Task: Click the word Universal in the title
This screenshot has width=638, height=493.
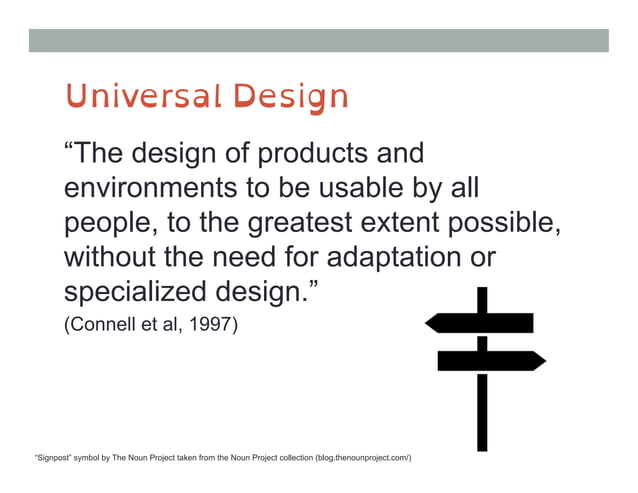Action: (141, 97)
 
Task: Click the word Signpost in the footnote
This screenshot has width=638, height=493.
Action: (57, 458)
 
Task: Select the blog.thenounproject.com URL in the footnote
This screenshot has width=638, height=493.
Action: (361, 458)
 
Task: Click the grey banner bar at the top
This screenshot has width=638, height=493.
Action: (318, 40)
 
